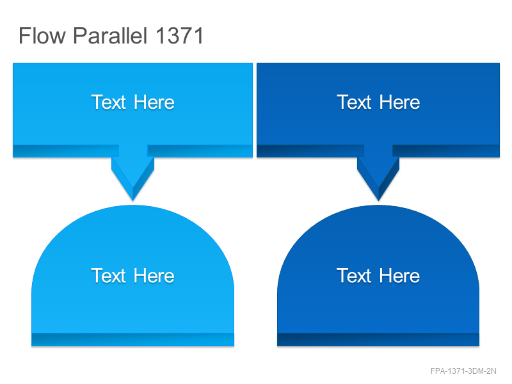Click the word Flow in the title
pos(42,35)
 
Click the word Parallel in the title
pos(110,35)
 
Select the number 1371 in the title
pos(180,35)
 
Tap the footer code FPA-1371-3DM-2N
pos(463,371)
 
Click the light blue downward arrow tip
pos(133,200)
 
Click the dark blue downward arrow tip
pos(378,200)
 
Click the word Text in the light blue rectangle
pos(109,102)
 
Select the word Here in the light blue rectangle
pos(154,102)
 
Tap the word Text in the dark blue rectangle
pos(355,102)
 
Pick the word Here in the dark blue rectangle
pos(399,102)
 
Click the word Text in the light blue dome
pos(109,276)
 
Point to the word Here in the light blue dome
pos(154,276)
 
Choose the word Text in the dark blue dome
pos(355,276)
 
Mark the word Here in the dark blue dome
pos(399,276)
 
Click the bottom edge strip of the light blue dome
pos(133,340)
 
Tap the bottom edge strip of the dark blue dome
pos(378,340)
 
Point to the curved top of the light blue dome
pos(133,205)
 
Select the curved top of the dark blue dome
pos(378,205)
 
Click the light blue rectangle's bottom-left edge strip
pos(66,151)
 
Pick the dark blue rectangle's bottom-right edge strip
pos(446,151)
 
